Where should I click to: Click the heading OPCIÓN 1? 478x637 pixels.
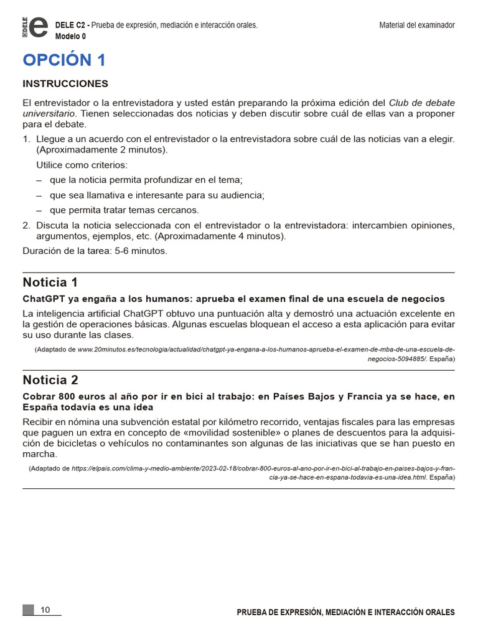(x=64, y=60)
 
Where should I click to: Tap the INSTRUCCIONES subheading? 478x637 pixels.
(x=65, y=83)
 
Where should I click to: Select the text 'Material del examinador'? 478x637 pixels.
(x=417, y=25)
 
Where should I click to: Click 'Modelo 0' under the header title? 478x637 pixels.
(x=70, y=36)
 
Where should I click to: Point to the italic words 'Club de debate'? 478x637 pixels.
(x=421, y=102)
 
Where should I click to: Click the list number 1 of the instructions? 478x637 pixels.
(x=26, y=139)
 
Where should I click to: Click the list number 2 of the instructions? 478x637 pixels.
(x=26, y=225)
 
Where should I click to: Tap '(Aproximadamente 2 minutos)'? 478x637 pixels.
(x=102, y=150)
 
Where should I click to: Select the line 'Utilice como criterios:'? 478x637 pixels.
(x=82, y=165)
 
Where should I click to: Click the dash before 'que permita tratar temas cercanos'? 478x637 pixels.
(x=39, y=210)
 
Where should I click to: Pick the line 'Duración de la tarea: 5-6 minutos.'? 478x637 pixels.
(x=95, y=251)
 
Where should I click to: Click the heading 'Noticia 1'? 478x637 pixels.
(x=50, y=282)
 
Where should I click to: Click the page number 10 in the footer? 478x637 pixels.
(x=45, y=610)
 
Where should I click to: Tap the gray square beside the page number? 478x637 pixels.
(x=28, y=610)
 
